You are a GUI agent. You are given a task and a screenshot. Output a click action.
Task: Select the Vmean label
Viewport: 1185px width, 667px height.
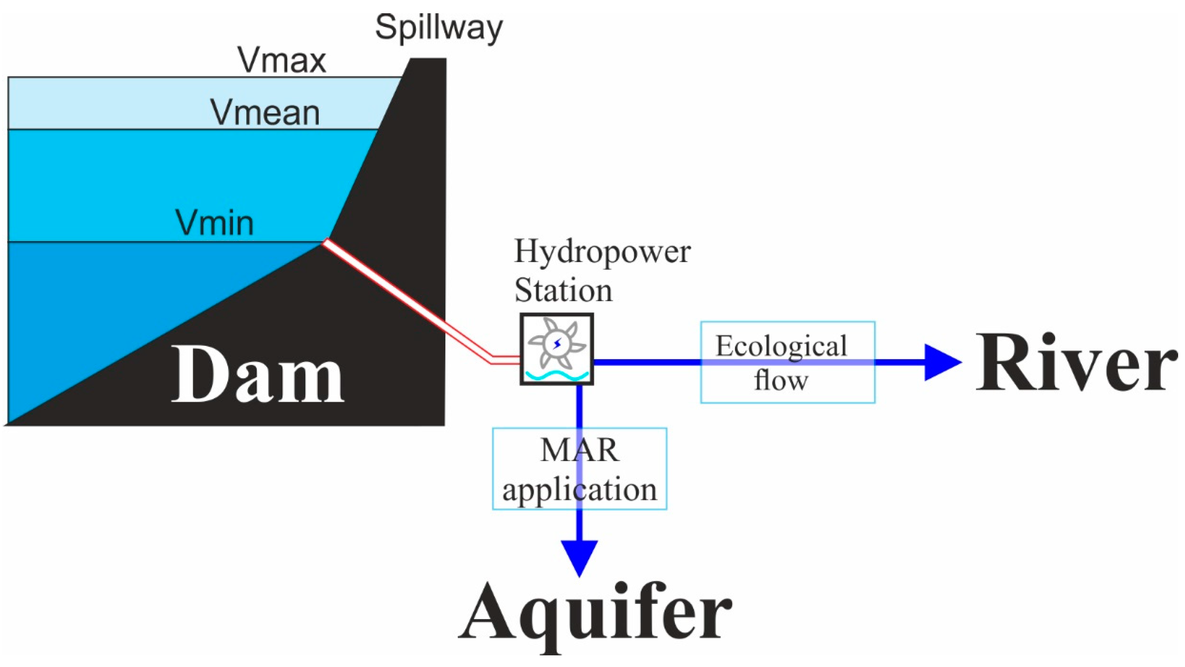(x=265, y=113)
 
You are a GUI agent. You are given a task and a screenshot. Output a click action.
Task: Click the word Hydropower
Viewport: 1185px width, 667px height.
(x=602, y=252)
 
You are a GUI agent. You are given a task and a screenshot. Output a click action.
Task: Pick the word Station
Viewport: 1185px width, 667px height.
(x=563, y=291)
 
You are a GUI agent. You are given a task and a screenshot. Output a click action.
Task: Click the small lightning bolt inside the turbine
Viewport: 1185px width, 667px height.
(x=557, y=343)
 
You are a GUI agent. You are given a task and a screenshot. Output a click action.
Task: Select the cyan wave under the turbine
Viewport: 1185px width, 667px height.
(x=557, y=375)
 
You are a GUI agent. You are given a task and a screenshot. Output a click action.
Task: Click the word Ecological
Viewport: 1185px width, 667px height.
(x=781, y=346)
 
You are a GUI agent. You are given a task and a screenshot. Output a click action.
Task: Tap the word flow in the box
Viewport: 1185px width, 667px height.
(x=781, y=381)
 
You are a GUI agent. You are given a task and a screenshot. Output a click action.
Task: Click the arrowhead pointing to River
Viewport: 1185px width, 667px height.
(x=941, y=362)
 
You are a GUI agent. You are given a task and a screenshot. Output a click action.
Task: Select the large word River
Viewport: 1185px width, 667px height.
(x=1074, y=363)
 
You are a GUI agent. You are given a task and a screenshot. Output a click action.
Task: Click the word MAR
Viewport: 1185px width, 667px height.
(x=579, y=450)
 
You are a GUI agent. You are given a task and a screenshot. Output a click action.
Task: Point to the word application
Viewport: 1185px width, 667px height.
(x=579, y=490)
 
